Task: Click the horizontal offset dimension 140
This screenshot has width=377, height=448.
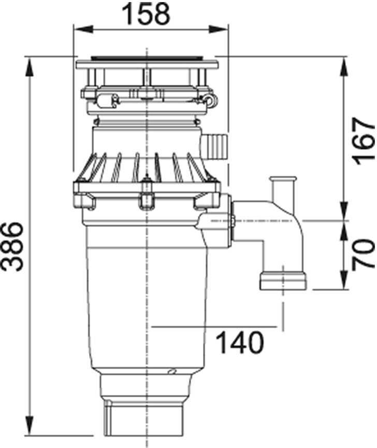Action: pos(239,343)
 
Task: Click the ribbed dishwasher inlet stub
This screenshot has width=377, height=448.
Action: pos(215,146)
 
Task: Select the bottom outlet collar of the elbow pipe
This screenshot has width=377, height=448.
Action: pos(283,282)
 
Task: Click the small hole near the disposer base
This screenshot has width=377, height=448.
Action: pos(171,371)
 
